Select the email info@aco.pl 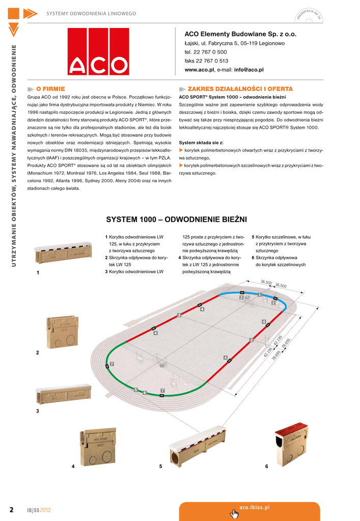pos(248,70)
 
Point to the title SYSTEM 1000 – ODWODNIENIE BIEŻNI pos(176,220)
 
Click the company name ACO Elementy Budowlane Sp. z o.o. pos(240,34)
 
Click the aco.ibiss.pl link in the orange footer pos(254,508)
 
